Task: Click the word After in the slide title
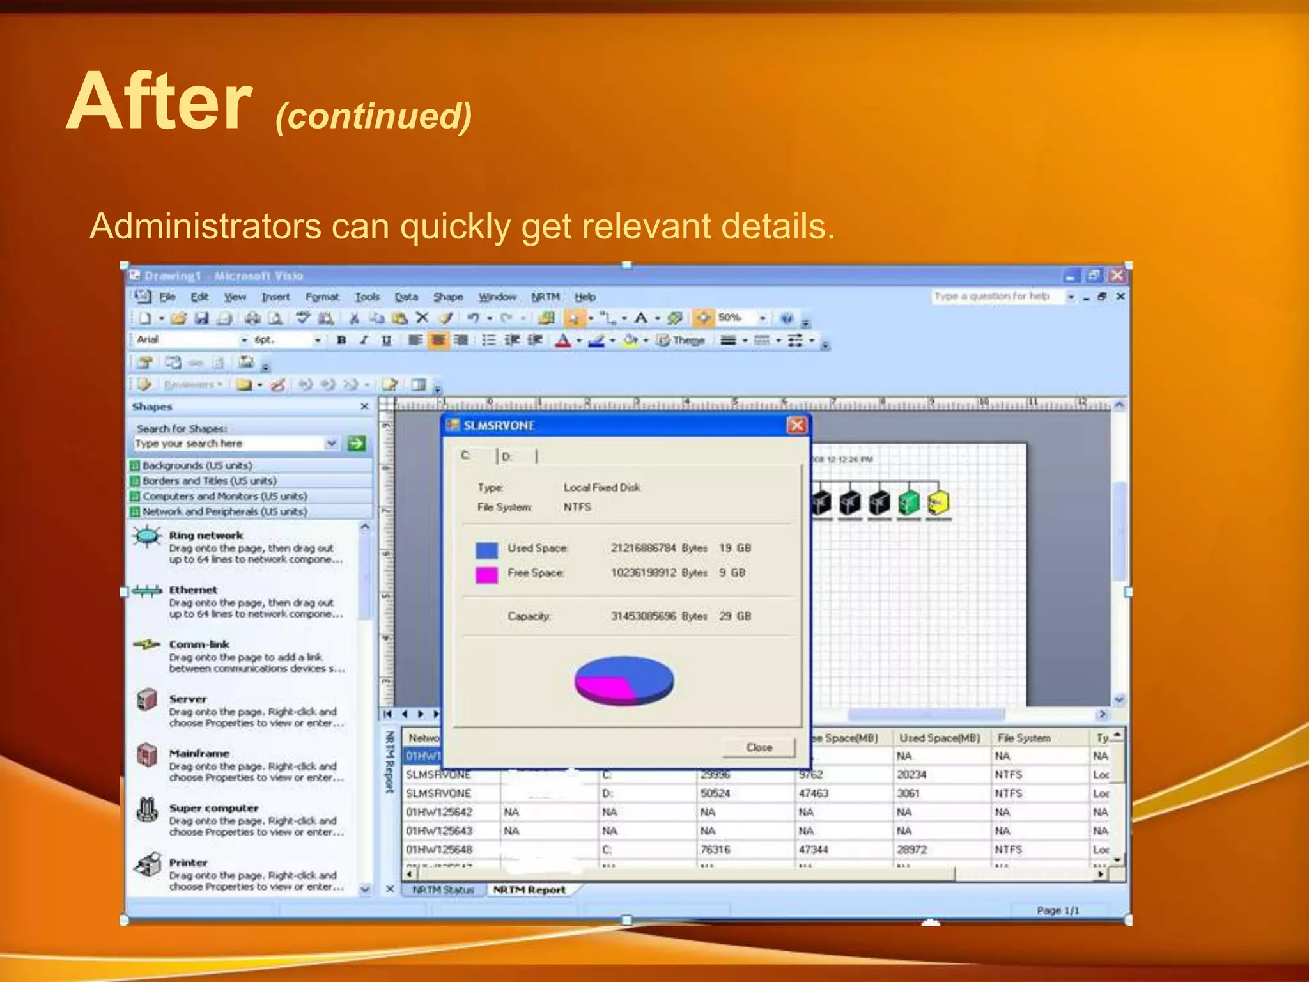[x=160, y=102]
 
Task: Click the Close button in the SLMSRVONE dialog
[x=759, y=747]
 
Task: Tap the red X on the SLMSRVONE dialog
[x=796, y=425]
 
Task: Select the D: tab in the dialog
[x=507, y=456]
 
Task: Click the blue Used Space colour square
[x=486, y=550]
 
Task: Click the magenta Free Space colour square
[x=486, y=574]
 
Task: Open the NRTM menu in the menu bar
[x=545, y=297]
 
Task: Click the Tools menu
[x=367, y=297]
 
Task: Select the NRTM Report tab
[x=529, y=890]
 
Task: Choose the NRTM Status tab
[x=443, y=890]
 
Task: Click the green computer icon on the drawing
[x=909, y=503]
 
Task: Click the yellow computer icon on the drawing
[x=938, y=503]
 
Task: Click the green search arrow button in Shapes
[x=357, y=443]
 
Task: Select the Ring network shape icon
[x=148, y=536]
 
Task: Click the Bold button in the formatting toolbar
[x=341, y=340]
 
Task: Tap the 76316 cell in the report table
[x=715, y=850]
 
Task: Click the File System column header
[x=1024, y=738]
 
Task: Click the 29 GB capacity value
[x=734, y=616]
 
